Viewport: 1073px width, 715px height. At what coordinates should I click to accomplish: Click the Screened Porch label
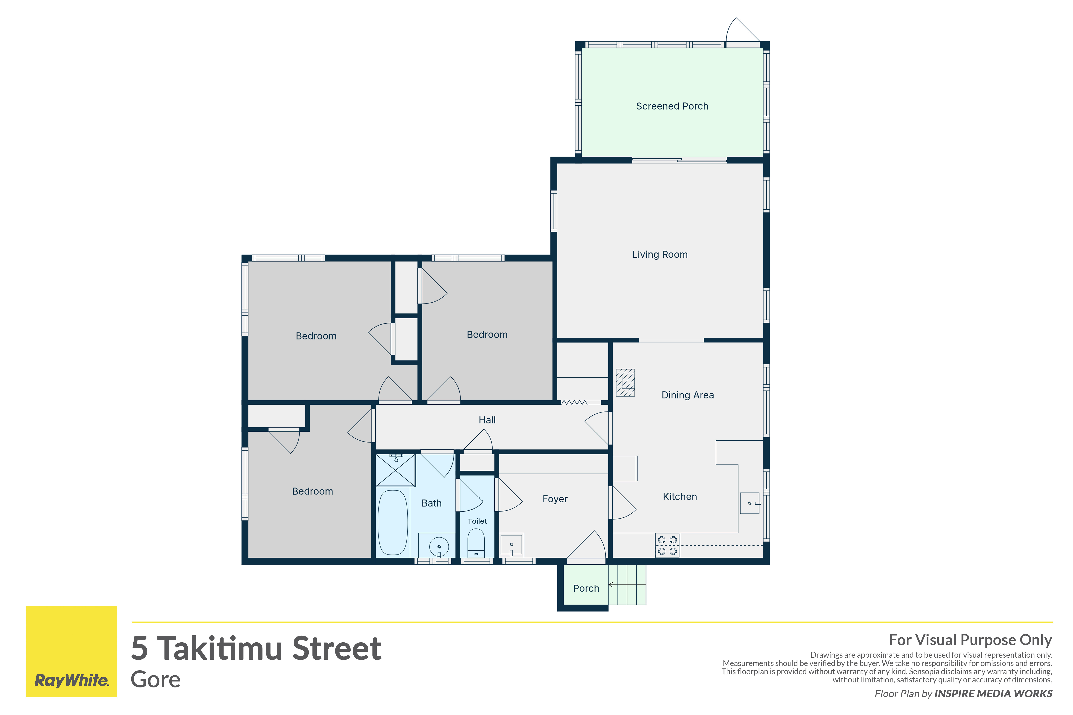coord(672,106)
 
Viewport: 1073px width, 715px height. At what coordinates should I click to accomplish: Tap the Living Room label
coord(660,255)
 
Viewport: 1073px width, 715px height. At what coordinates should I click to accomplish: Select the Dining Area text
coord(688,395)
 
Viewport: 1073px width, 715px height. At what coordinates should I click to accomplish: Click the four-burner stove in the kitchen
coord(667,545)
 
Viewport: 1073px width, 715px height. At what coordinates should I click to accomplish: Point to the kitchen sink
coord(750,503)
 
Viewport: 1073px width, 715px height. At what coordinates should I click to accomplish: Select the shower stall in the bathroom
coord(395,470)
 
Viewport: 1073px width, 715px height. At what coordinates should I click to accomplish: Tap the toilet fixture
coord(476,543)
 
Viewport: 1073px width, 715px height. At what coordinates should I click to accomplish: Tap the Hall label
coord(487,420)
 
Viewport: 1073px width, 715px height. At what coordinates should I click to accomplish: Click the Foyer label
coord(555,499)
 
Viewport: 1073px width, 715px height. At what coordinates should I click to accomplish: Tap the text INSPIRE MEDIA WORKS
coord(993,694)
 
